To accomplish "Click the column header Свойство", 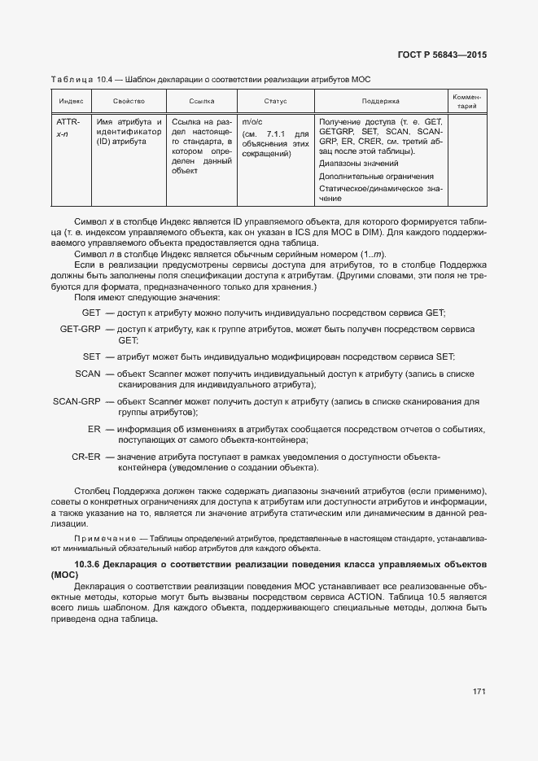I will point(129,102).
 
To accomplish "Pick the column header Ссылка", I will point(201,102).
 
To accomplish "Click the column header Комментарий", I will point(467,102).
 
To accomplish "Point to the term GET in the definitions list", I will point(91,313).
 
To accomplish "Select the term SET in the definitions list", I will point(91,356).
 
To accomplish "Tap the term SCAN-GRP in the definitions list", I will point(77,401).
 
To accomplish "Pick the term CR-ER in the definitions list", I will point(85,457).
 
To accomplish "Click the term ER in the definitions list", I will point(94,429).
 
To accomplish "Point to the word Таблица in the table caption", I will point(72,79).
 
